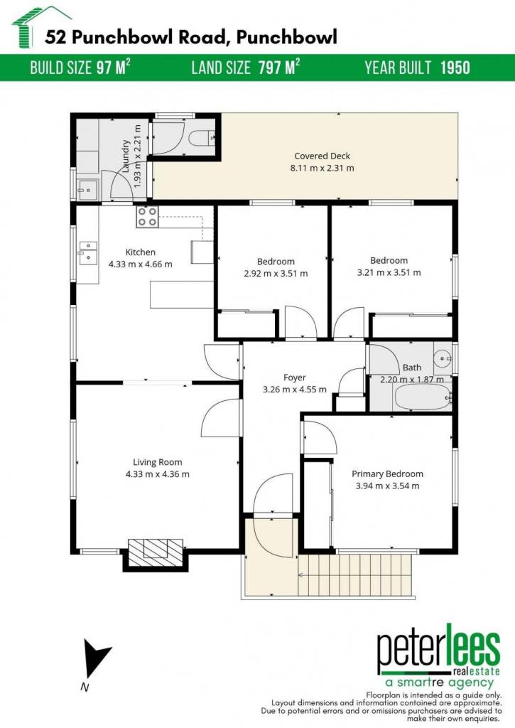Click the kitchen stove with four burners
[147, 217]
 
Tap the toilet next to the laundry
[202, 137]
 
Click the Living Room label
[157, 462]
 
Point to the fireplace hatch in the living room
[155, 552]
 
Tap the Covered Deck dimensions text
[322, 168]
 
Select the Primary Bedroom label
[387, 474]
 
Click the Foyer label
[295, 378]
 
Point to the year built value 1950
[455, 68]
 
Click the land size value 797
[269, 68]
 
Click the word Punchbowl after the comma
[287, 37]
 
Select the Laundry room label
[125, 156]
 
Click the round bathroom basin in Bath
[443, 358]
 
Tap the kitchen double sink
[87, 252]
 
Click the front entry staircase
[355, 574]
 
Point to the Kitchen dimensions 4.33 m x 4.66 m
[140, 264]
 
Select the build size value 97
[104, 68]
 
